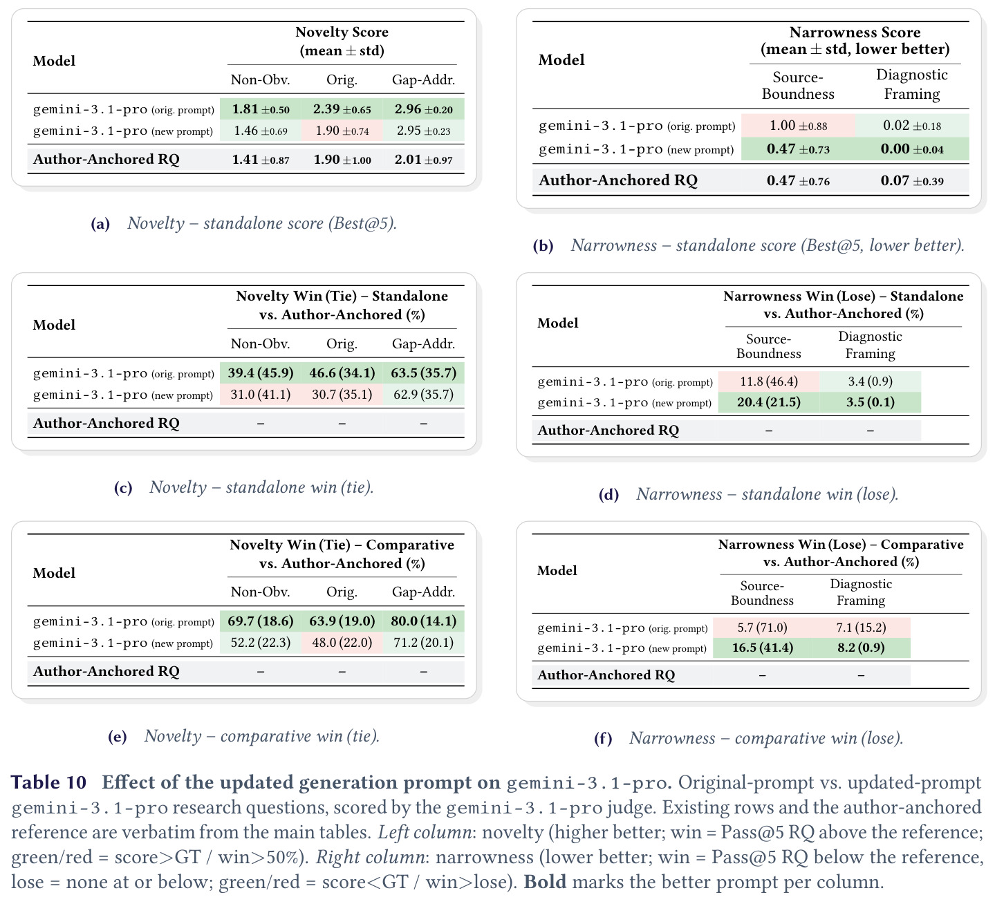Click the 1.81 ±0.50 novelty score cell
click(x=261, y=109)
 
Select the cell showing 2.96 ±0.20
click(x=424, y=109)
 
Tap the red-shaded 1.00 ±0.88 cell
click(x=798, y=126)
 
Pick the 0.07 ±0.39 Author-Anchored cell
click(x=911, y=180)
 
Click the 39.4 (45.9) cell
click(x=261, y=373)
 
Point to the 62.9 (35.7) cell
click(x=424, y=395)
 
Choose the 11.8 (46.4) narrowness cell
click(x=769, y=382)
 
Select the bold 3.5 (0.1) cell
click(x=870, y=402)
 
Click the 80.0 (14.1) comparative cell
click(x=424, y=621)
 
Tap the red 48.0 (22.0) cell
click(x=342, y=643)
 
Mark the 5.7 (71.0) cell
click(x=763, y=628)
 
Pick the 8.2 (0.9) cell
click(x=861, y=648)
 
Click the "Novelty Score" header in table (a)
click(x=342, y=32)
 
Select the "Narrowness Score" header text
click(x=855, y=32)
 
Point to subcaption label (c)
click(x=123, y=488)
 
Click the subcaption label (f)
click(x=603, y=739)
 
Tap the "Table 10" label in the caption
click(x=48, y=782)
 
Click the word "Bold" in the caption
click(x=545, y=882)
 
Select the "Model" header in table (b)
click(x=561, y=60)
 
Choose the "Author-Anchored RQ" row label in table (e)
click(x=106, y=671)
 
